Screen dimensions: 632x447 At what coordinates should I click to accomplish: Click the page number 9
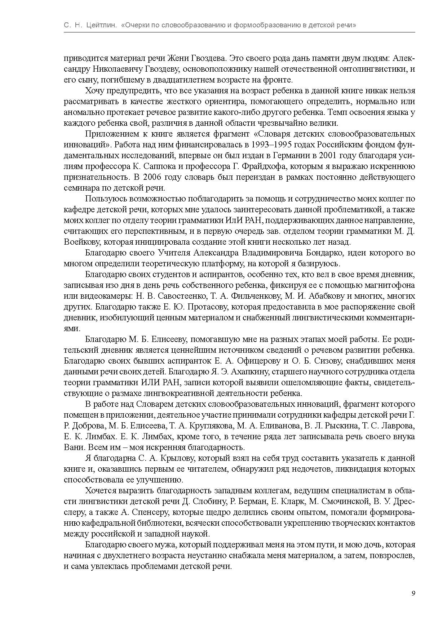[413, 593]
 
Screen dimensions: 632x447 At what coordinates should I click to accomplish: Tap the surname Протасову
[209, 307]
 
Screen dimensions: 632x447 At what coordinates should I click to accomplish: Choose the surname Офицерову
[259, 361]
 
